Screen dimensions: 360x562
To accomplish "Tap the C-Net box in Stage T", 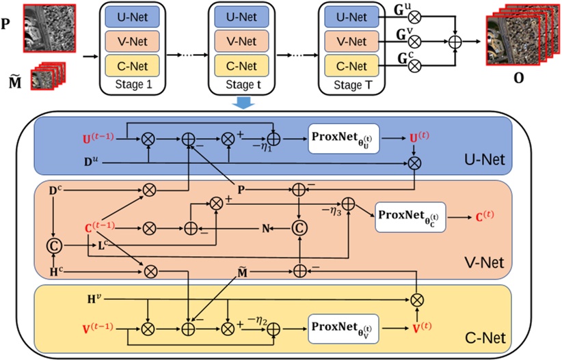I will [353, 66].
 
